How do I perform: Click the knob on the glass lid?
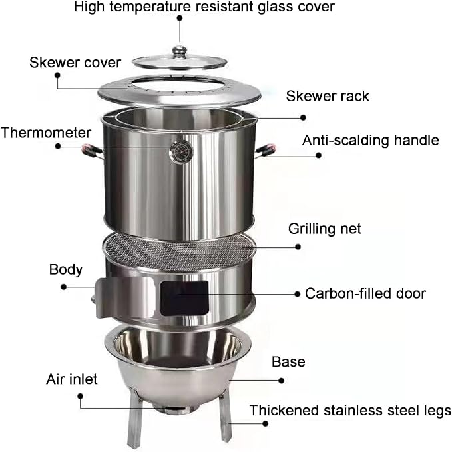(179, 52)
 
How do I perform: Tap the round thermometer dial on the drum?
(181, 152)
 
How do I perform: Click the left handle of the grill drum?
(92, 151)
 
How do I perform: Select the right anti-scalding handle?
(265, 151)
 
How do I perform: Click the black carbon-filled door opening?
(184, 298)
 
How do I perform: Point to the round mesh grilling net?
(179, 251)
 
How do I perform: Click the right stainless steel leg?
(225, 415)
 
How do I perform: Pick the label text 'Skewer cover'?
(75, 63)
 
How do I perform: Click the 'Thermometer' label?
(46, 133)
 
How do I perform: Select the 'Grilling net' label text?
(325, 229)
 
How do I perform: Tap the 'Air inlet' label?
(72, 379)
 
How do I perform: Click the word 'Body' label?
(66, 270)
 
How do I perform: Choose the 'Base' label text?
(288, 362)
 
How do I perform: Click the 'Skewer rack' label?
(328, 96)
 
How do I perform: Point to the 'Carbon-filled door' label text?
(365, 293)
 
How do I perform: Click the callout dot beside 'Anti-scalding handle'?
(318, 155)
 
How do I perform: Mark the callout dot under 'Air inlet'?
(81, 396)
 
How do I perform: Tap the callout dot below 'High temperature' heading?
(180, 18)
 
